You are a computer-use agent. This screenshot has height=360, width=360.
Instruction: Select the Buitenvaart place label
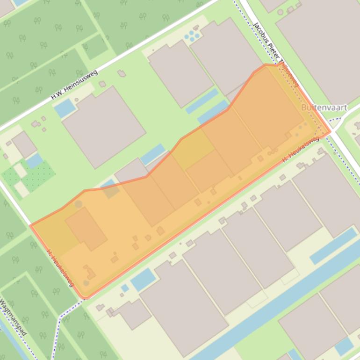click(x=324, y=108)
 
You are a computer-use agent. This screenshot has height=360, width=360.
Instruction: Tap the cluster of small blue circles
click(x=192, y=36)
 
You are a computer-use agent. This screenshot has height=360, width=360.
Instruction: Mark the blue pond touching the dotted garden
click(x=34, y=160)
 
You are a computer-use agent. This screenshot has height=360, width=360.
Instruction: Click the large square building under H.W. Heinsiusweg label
click(x=104, y=126)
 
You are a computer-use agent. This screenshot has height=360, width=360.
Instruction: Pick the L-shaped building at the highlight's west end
click(x=86, y=229)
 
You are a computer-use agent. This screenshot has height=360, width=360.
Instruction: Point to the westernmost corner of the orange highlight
click(x=31, y=226)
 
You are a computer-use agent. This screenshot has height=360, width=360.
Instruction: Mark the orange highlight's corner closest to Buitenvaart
click(x=330, y=132)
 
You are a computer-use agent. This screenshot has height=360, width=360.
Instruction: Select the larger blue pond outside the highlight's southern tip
click(x=143, y=280)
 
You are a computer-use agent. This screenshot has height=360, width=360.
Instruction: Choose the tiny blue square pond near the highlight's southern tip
click(x=125, y=288)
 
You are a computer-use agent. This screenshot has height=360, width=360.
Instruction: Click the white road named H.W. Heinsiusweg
click(x=140, y=47)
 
